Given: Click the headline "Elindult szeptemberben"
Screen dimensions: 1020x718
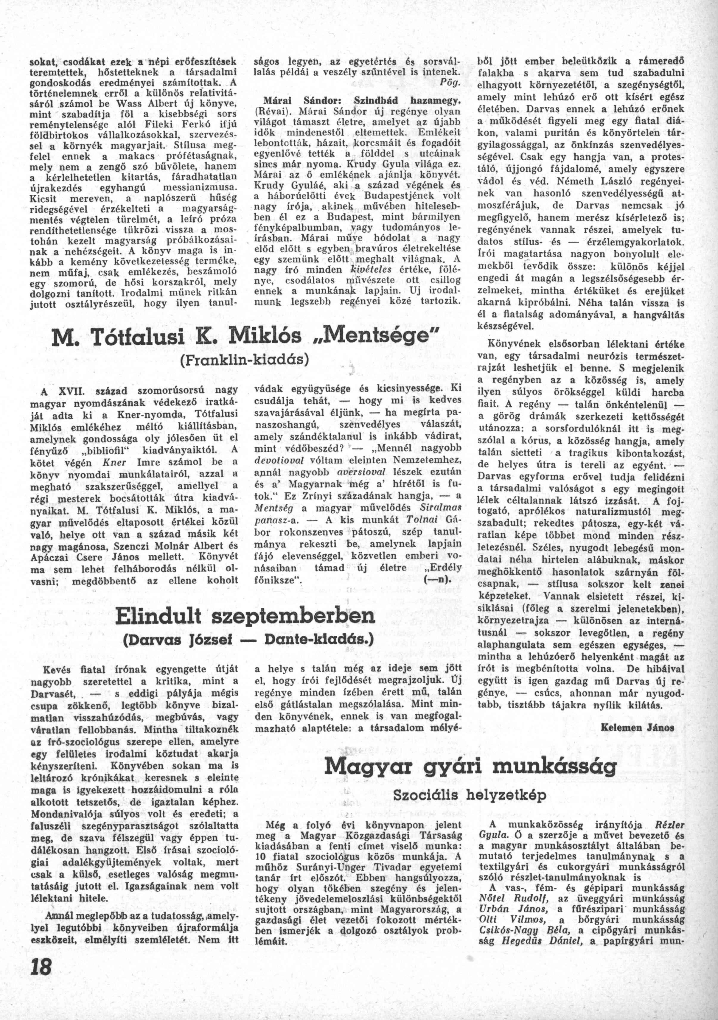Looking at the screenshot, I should [245, 616].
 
